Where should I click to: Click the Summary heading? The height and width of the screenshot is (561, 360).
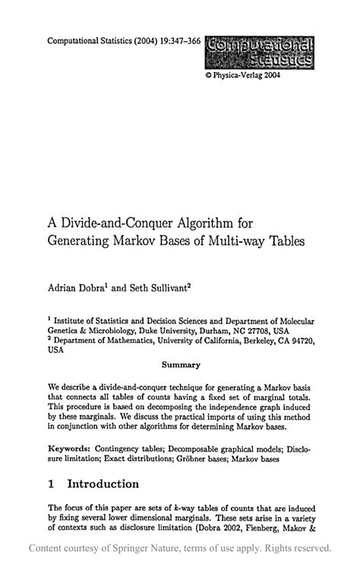pyautogui.click(x=181, y=364)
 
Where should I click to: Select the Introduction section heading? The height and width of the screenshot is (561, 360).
pyautogui.click(x=103, y=484)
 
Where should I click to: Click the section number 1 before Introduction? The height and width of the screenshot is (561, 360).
pyautogui.click(x=51, y=484)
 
